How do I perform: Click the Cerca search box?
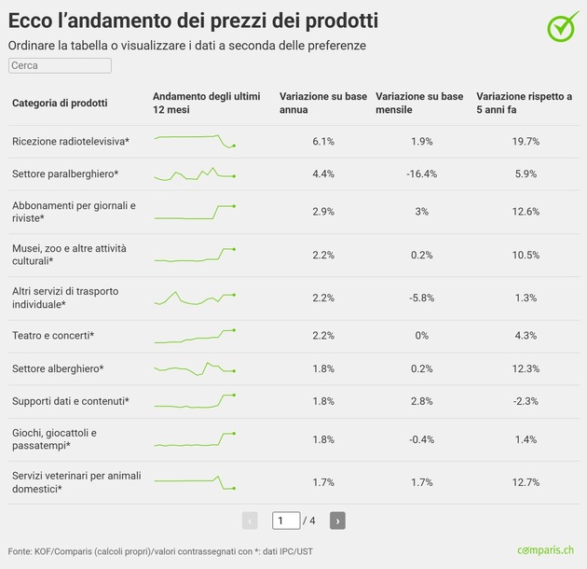[60, 66]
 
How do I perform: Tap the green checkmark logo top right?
[562, 27]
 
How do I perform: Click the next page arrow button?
[337, 520]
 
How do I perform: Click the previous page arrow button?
[250, 520]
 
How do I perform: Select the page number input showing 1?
[285, 520]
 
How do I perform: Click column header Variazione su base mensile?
[418, 103]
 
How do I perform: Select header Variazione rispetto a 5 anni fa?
[524, 103]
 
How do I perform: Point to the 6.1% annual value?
[323, 141]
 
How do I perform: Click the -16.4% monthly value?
[421, 174]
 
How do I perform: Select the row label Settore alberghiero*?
[58, 368]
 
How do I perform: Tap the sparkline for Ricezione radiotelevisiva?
[195, 141]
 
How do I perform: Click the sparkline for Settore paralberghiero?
[195, 174]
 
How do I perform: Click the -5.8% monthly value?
[421, 298]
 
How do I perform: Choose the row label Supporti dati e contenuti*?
[70, 401]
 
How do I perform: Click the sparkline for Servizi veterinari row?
[195, 482]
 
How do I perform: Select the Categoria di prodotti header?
[60, 103]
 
